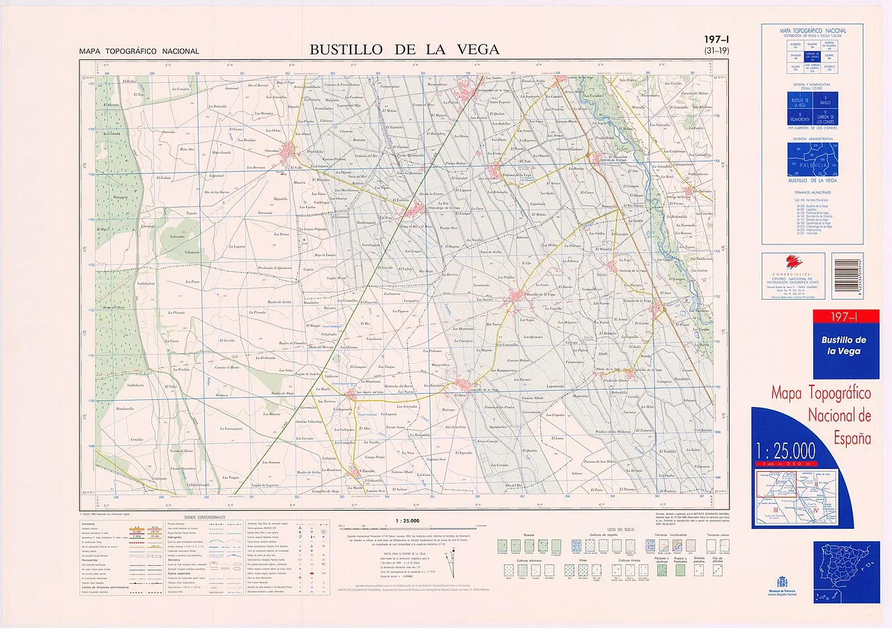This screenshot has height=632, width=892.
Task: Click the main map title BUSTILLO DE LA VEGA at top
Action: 404,49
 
